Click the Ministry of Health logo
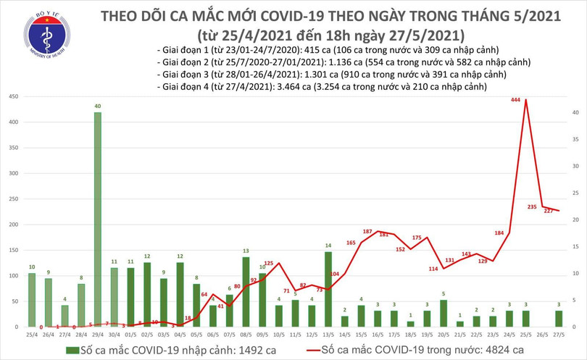pos(46,35)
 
